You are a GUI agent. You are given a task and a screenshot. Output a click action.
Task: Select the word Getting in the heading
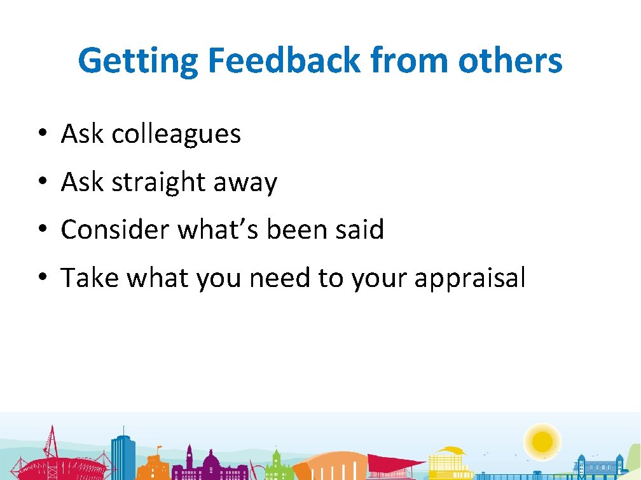(x=138, y=61)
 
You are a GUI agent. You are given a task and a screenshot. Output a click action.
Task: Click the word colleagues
(x=176, y=134)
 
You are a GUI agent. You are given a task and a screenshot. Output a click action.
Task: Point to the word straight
(x=158, y=183)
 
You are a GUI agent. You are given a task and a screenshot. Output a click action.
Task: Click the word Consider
(x=114, y=229)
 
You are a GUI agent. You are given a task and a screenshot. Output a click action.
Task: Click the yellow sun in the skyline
(x=542, y=440)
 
